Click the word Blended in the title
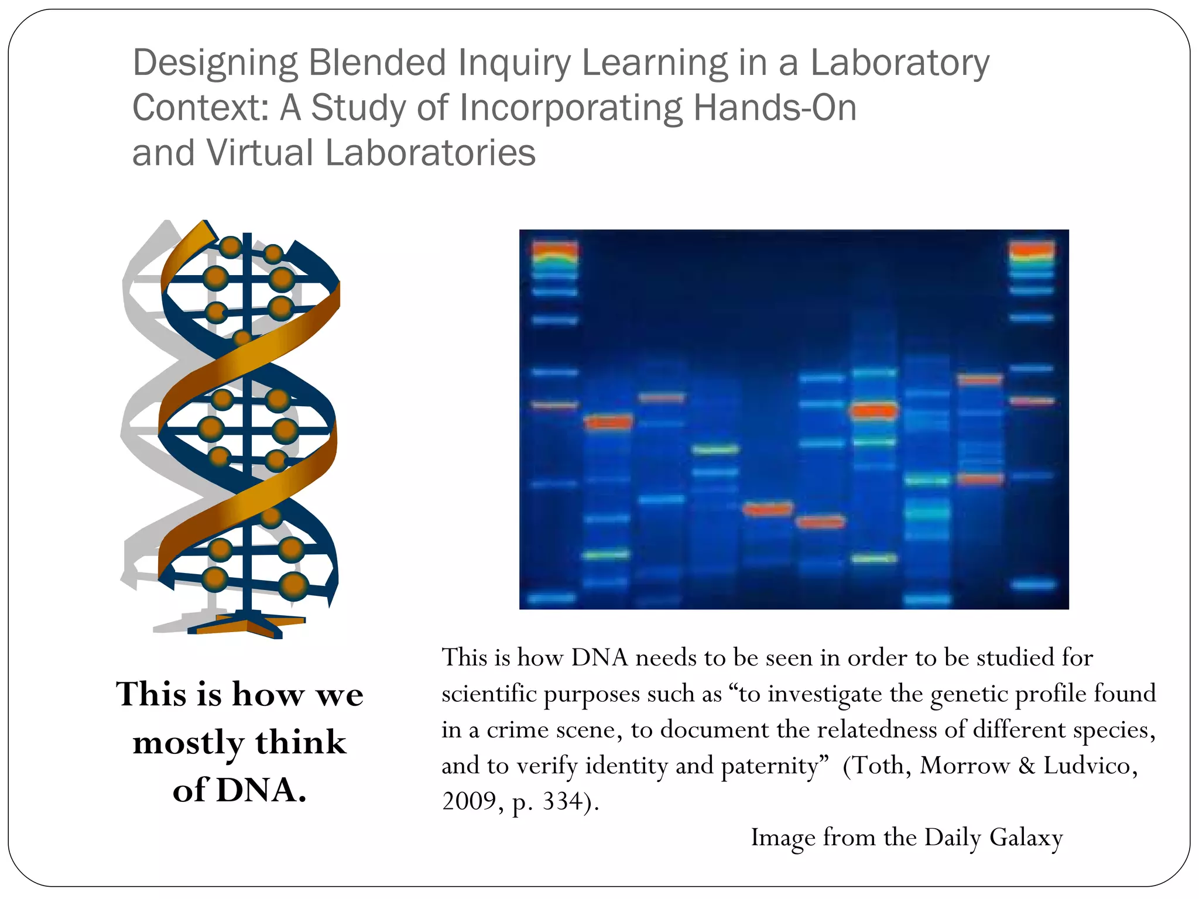378,63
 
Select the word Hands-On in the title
775,108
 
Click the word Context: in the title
201,108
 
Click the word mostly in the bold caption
188,743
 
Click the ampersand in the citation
1026,766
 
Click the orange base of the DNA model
246,625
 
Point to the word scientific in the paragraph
489,694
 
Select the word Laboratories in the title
430,153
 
